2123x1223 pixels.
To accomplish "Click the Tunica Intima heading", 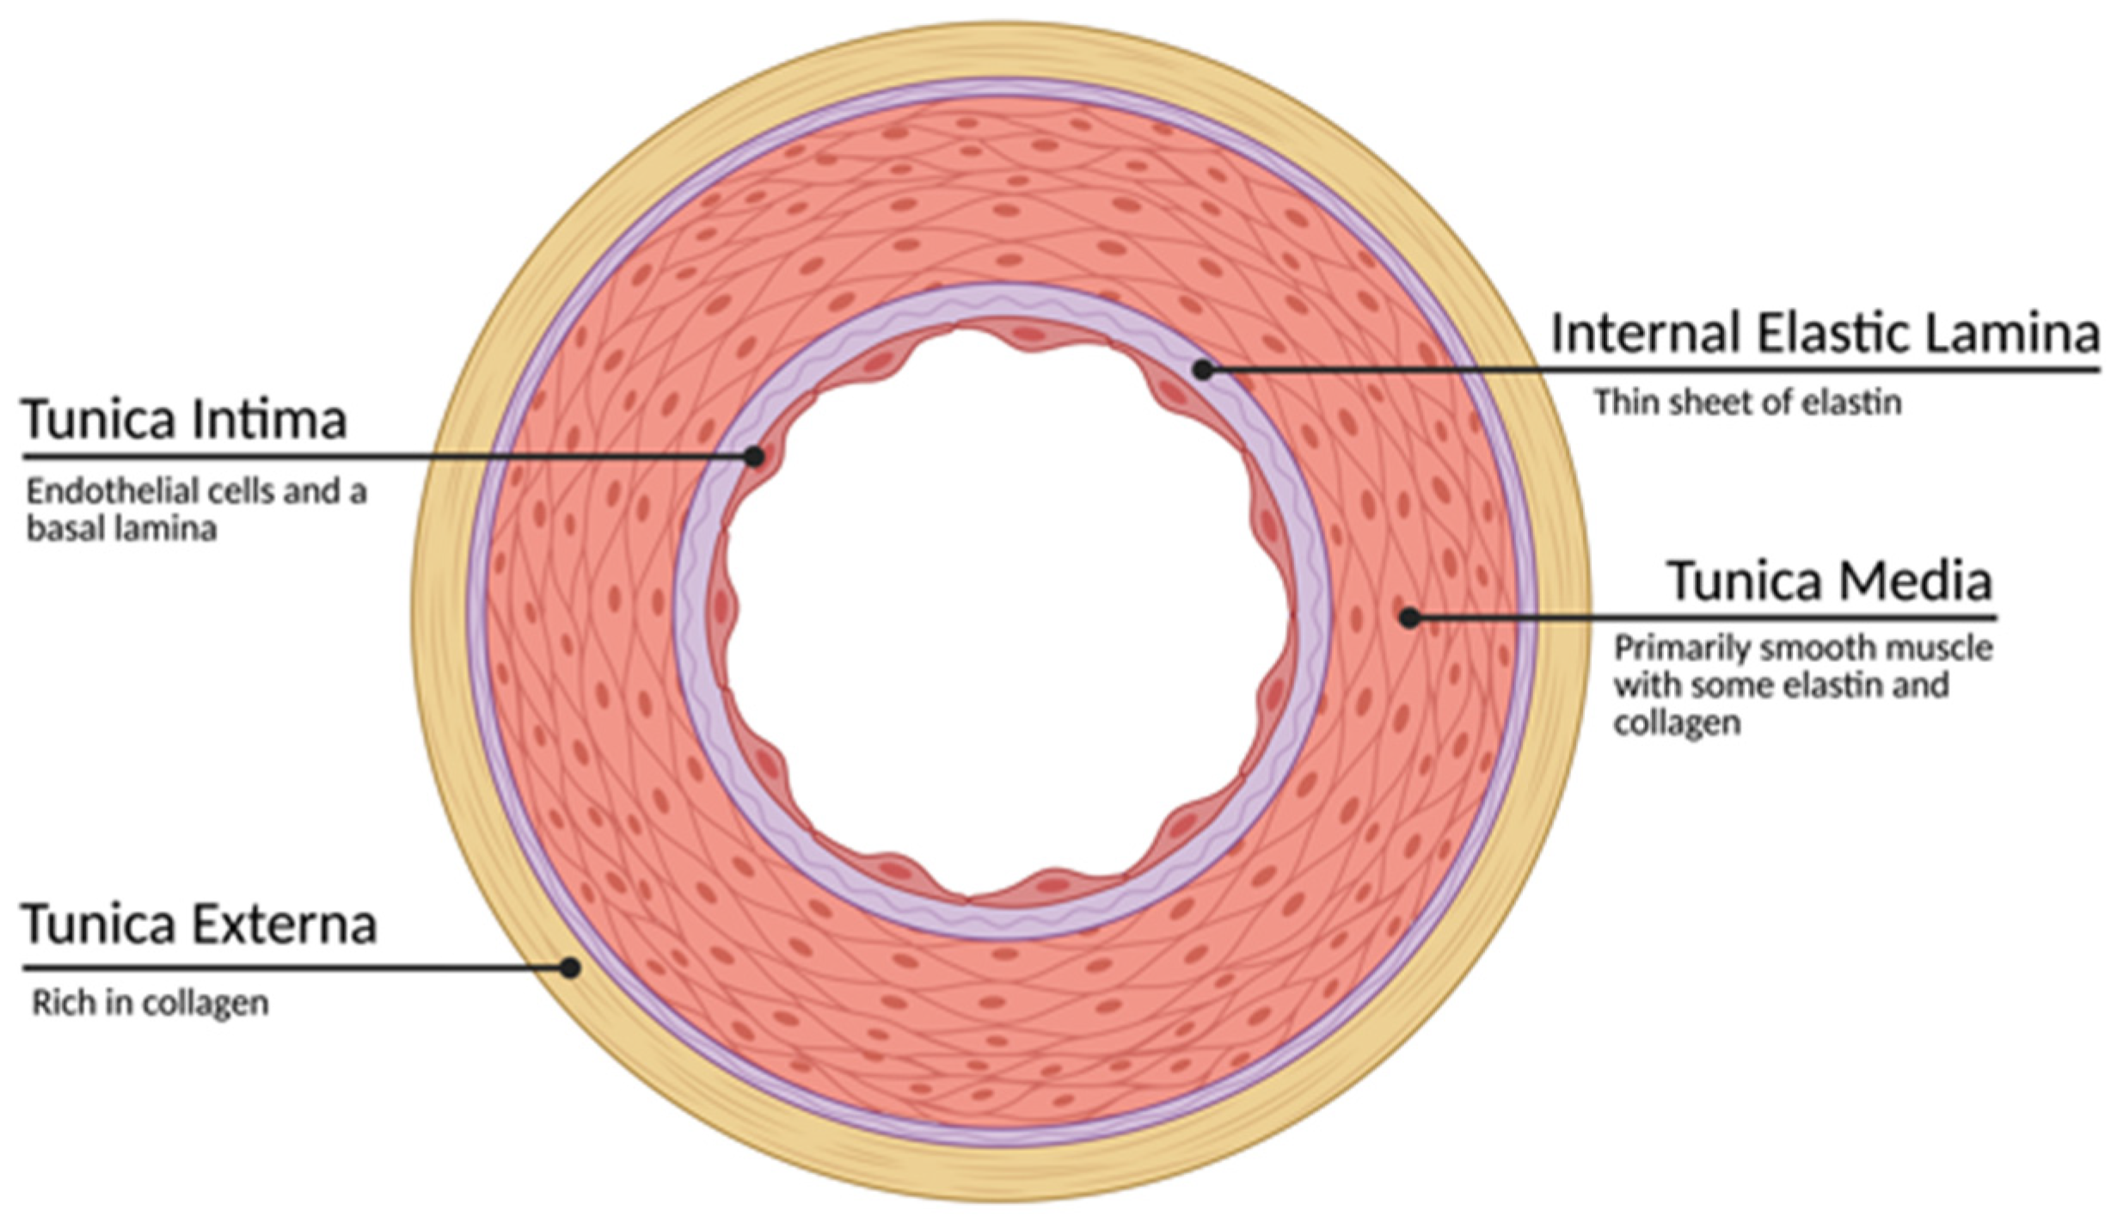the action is pos(184,421).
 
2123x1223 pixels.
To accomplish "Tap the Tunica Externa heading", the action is pos(199,925).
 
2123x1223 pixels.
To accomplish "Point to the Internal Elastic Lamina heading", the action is pos(1825,334).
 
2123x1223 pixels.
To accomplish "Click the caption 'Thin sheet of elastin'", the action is pos(1746,403).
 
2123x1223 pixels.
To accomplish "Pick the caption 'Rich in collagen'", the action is pos(150,1003).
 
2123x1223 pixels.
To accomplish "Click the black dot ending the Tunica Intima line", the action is pos(754,457).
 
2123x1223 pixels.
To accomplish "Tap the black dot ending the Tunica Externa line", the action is pos(570,968).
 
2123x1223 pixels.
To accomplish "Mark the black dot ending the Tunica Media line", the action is pos(1410,617).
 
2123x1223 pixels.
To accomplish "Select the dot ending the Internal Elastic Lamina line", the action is pos(1204,370).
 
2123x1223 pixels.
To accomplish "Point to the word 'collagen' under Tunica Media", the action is pos(1677,723).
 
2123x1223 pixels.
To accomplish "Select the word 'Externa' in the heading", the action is pos(284,925).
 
